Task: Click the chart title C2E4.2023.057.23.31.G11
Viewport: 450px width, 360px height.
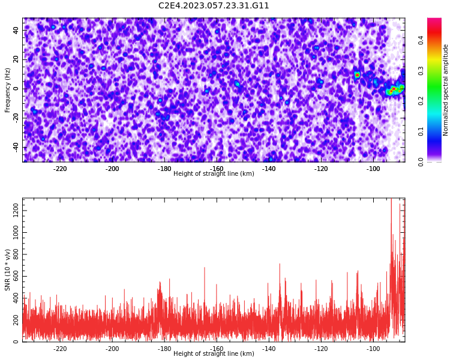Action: tap(214, 5)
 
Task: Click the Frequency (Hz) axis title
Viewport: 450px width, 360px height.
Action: tap(7, 90)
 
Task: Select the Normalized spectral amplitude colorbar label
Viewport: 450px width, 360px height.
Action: tap(445, 90)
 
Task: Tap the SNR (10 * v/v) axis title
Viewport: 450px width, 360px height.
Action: tap(7, 270)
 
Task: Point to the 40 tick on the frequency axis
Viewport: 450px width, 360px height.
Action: tap(16, 31)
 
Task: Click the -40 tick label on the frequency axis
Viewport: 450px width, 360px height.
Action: tap(16, 147)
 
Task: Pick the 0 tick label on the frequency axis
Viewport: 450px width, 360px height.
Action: tap(16, 89)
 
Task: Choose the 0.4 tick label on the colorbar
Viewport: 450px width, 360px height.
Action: tap(421, 40)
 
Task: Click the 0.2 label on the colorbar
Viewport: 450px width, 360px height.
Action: tap(421, 101)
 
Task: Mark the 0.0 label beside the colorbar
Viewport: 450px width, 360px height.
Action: tap(421, 162)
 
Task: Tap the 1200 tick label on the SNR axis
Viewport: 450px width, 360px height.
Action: tap(16, 211)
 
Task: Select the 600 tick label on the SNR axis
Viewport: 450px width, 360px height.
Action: tap(16, 276)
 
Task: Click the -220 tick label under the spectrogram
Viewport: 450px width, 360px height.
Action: tap(59, 169)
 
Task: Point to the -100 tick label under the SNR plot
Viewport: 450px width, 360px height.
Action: tap(373, 349)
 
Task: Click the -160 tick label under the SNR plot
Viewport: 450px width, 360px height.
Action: tap(217, 349)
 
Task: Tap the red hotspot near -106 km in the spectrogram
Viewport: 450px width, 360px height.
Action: tap(358, 75)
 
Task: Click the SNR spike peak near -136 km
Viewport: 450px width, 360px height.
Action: tap(280, 264)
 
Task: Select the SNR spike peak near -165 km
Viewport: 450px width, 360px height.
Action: tap(205, 268)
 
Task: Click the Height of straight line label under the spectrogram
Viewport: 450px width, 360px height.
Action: tap(214, 173)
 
